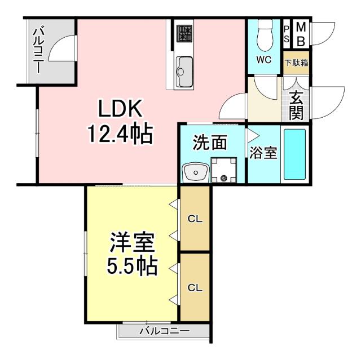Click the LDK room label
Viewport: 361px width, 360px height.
point(122,108)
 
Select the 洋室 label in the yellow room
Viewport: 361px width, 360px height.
point(132,244)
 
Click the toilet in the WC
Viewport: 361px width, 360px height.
point(264,37)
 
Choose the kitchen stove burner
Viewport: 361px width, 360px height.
point(184,34)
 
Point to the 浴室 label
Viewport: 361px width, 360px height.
point(263,153)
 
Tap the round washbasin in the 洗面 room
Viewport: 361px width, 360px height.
point(195,170)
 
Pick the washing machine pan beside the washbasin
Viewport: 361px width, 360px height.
point(223,170)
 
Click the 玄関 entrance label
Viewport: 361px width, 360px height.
point(296,105)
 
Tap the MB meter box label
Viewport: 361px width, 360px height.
point(301,34)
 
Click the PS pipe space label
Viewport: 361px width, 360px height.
point(287,34)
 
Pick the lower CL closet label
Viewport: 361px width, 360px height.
point(195,288)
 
